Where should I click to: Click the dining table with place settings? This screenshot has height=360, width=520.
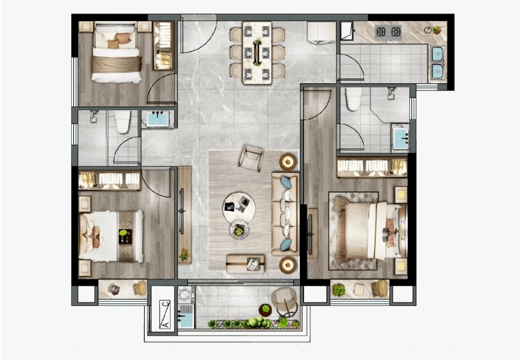pos(257,53)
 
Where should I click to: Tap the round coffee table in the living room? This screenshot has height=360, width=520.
pos(239,208)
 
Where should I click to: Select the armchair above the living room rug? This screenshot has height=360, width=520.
pos(251,158)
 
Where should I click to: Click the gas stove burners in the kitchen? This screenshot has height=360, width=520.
pos(388,32)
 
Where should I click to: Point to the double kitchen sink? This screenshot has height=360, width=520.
pos(437,63)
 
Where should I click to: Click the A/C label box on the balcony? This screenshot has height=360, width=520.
pos(165,314)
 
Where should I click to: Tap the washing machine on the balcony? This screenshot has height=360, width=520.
pos(184,294)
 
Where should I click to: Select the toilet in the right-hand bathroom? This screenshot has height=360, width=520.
pos(353,98)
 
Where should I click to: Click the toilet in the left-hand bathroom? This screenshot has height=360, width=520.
pos(123,122)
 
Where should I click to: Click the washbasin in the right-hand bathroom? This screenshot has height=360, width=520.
pos(400,137)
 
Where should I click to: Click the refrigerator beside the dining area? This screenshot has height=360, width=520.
pos(321,33)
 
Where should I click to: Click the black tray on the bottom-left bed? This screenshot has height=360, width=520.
pos(125,236)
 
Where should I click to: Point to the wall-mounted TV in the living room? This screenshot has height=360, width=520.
pos(181,211)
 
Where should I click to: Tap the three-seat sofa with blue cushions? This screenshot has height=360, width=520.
pos(286,214)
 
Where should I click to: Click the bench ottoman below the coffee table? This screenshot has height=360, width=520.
pos(245,264)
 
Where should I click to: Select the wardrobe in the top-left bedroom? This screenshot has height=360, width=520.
pos(163,46)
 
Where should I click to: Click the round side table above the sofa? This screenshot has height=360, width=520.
pos(288,162)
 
